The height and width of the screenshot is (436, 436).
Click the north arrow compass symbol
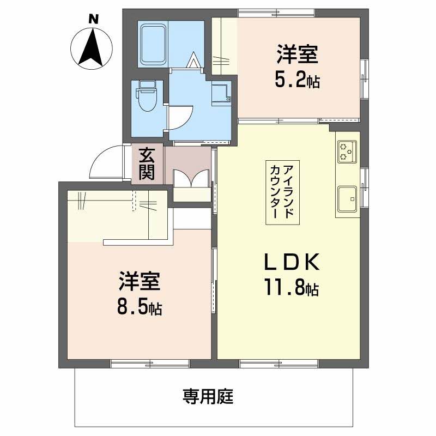[x=92, y=48]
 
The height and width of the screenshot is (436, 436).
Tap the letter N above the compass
[x=93, y=19]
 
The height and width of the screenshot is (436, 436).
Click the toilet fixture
[x=147, y=96]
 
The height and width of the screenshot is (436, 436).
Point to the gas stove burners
[x=347, y=152]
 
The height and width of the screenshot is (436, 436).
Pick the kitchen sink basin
[x=347, y=198]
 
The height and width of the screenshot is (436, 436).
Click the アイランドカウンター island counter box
[x=282, y=192]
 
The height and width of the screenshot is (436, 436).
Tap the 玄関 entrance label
[x=147, y=163]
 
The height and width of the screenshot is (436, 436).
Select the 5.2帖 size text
[x=297, y=80]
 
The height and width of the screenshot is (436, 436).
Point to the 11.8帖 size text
[x=292, y=287]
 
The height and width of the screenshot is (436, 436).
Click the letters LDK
[x=292, y=262]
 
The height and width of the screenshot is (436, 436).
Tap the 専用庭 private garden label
[x=208, y=396]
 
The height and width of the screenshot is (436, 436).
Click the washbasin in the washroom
[x=221, y=93]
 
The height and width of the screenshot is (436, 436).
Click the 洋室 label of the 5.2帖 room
[x=297, y=54]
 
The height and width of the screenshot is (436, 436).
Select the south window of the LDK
[x=279, y=364]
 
